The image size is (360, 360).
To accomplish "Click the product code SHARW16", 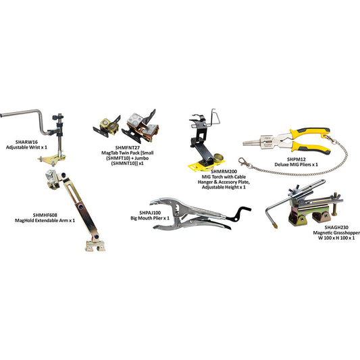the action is [26, 142].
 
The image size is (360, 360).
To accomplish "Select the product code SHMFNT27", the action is [128, 147].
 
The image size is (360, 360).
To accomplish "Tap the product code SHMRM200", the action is [224, 172].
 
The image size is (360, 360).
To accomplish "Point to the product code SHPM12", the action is [297, 159].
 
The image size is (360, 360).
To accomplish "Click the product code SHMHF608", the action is [45, 215].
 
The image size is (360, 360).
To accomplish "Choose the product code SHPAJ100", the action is [150, 213].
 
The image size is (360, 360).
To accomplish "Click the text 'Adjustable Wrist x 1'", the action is [26, 147].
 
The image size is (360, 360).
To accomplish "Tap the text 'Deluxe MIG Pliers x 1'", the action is [297, 165].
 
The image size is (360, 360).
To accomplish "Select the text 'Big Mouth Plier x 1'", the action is [150, 218].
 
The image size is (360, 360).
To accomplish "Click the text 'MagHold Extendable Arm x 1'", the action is [45, 220].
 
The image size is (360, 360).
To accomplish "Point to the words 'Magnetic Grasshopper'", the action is [336, 233].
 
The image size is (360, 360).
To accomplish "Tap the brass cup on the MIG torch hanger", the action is [218, 158].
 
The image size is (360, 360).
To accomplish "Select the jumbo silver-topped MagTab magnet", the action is [140, 127].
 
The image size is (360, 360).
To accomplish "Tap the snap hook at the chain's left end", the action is [245, 163].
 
